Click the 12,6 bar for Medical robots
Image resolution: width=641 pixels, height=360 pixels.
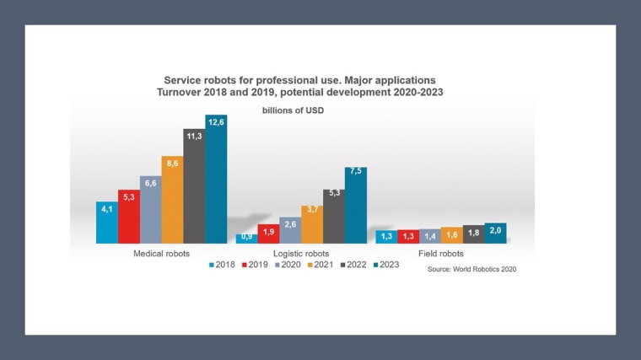pos(217,181)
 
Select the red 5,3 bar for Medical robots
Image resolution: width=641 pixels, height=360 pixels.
pos(128,218)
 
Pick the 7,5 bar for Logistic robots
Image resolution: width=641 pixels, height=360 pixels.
pos(356,207)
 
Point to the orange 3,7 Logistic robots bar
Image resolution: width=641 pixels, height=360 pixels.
pos(312,225)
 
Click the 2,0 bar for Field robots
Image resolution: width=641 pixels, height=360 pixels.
pos(495,234)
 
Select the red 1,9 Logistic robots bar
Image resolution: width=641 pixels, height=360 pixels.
pos(268,234)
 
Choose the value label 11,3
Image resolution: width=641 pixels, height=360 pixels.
pos(194,136)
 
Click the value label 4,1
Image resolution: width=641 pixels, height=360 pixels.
pos(106,209)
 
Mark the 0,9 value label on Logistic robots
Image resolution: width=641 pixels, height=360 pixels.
pos(246,236)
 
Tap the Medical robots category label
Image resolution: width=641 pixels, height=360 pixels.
pos(161,253)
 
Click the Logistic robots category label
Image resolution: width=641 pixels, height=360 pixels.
pos(300,253)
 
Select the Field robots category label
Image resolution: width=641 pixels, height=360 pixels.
pos(441,253)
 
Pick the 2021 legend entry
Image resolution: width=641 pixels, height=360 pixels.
pos(319,265)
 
